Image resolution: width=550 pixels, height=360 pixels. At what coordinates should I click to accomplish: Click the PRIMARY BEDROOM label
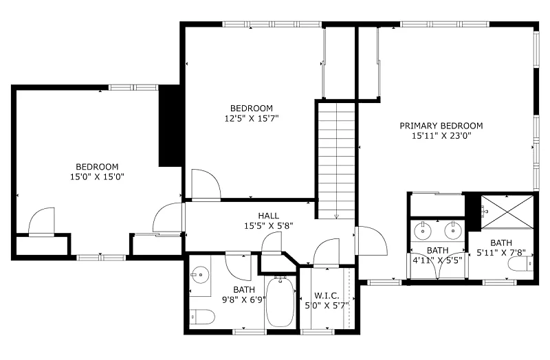(x=441, y=126)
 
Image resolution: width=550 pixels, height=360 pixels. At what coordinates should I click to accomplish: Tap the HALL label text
(x=269, y=216)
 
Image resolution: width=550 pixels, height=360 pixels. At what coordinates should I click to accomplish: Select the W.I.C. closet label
(x=327, y=296)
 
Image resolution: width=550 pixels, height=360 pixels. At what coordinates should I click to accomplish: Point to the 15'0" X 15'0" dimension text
(x=97, y=177)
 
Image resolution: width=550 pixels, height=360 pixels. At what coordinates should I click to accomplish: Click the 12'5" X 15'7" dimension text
(x=252, y=118)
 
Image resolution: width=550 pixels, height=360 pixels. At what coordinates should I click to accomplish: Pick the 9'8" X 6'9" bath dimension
(x=244, y=300)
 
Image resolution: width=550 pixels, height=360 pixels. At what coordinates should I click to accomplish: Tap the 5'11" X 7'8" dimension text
(x=501, y=252)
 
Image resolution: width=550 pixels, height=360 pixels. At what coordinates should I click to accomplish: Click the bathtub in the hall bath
(x=280, y=302)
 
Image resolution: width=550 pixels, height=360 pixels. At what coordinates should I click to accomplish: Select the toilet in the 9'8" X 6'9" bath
(x=202, y=317)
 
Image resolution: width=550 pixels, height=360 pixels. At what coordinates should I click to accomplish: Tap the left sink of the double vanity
(x=423, y=231)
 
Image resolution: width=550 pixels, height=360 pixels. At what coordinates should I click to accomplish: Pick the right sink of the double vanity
(x=453, y=231)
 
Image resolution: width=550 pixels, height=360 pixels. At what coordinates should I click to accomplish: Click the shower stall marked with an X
(x=507, y=212)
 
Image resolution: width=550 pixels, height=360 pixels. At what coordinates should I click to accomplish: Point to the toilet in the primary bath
(x=520, y=264)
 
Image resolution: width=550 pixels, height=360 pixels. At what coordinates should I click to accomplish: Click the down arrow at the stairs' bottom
(x=336, y=216)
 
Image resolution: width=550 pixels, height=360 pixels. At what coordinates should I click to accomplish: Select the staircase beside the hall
(x=336, y=161)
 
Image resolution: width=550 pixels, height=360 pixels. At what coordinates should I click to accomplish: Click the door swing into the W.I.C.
(x=327, y=253)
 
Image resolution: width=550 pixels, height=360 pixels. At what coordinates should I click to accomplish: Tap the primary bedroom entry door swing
(x=371, y=241)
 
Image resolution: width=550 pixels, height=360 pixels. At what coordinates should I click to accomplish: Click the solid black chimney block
(x=170, y=126)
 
